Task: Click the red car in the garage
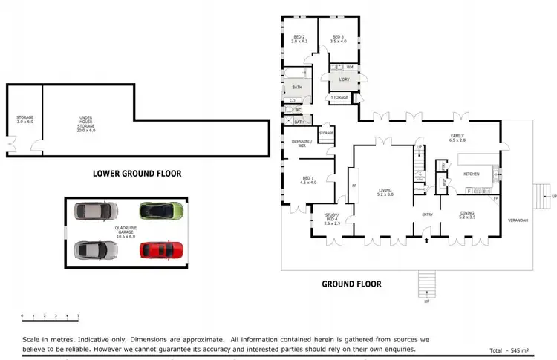pos(161,249)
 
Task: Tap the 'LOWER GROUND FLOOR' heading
pos(137,174)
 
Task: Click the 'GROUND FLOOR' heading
pos(351,284)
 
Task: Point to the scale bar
pos(50,319)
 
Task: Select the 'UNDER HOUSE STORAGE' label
pos(87,123)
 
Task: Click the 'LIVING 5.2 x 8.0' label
pos(385,193)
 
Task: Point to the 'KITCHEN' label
pos(472,174)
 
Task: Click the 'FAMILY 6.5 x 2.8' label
pos(457,138)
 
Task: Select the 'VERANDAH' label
pos(517,220)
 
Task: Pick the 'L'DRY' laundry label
pos(344,79)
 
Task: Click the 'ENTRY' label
pos(427,215)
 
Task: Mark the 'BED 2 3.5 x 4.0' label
pos(338,39)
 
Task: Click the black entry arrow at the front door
pos(426,240)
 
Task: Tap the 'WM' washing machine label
pos(349,67)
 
